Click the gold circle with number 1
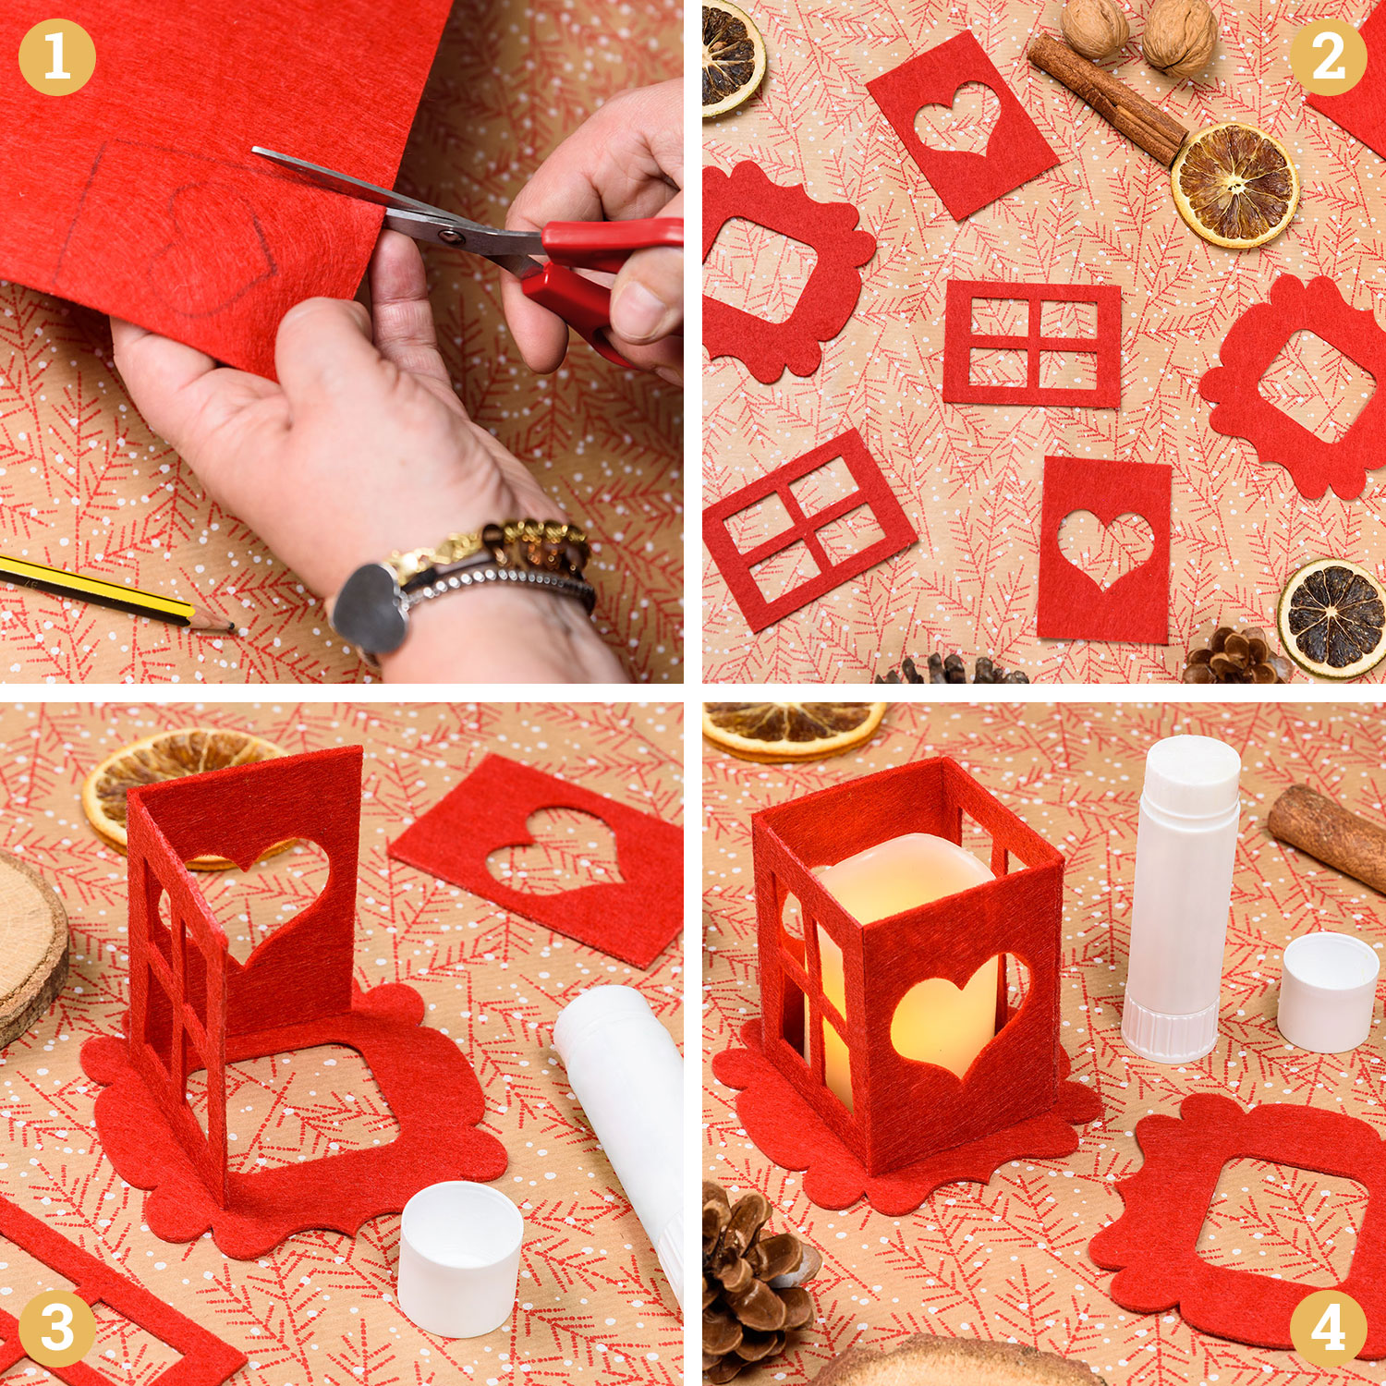click(x=56, y=57)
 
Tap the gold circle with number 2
click(x=1329, y=57)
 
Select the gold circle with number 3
click(x=56, y=1329)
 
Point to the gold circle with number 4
click(x=1329, y=1329)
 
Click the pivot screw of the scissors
click(x=452, y=236)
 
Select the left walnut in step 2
click(x=1094, y=28)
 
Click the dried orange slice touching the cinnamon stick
click(x=1235, y=185)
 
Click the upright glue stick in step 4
click(x=1181, y=896)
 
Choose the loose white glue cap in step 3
click(x=460, y=1258)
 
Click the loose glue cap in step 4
click(x=1328, y=991)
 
